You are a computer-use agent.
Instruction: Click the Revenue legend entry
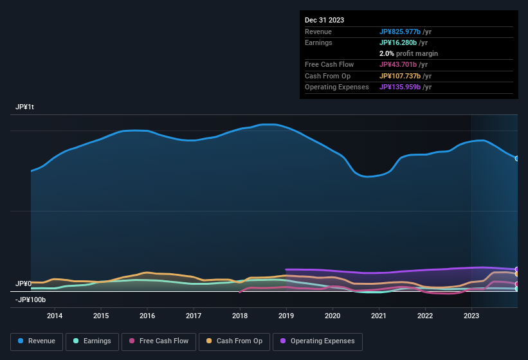click(36, 341)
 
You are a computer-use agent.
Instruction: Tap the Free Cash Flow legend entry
click(159, 341)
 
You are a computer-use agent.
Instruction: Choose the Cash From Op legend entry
click(233, 341)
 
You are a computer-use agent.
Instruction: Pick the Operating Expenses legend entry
click(318, 341)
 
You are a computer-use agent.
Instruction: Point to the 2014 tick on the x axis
click(55, 316)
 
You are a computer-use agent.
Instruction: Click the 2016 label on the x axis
click(147, 316)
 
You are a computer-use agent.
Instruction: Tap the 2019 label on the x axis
click(286, 316)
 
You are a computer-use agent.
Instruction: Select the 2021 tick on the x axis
click(379, 316)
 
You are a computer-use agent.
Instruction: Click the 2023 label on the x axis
click(471, 316)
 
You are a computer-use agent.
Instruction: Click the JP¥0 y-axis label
click(24, 283)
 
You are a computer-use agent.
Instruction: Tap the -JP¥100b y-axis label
click(31, 300)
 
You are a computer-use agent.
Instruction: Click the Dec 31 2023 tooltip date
click(325, 20)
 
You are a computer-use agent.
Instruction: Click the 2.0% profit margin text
click(408, 53)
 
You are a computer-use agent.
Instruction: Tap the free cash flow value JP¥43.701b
click(403, 64)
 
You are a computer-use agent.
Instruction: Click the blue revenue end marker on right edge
click(517, 158)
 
